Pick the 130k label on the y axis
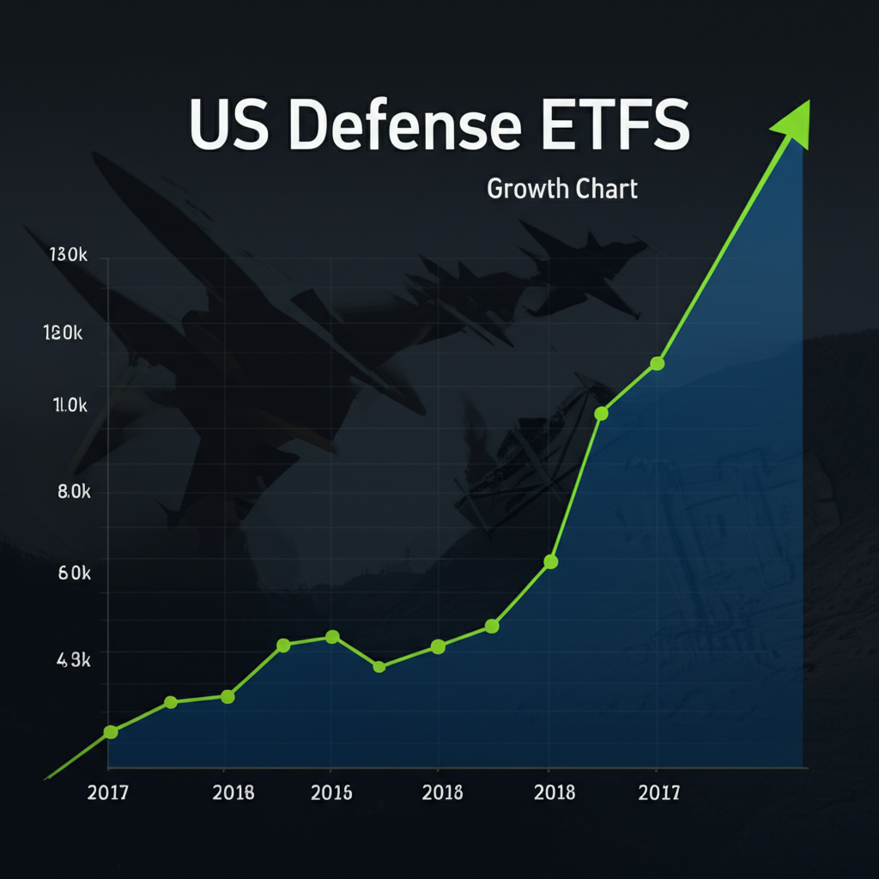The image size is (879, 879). coord(64,256)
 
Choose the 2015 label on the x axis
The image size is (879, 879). coord(331,793)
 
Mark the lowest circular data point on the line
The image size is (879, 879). coord(110,731)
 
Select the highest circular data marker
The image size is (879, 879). coord(657,363)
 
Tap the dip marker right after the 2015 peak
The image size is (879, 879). coord(379,666)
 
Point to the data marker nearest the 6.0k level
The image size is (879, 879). coord(550,562)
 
